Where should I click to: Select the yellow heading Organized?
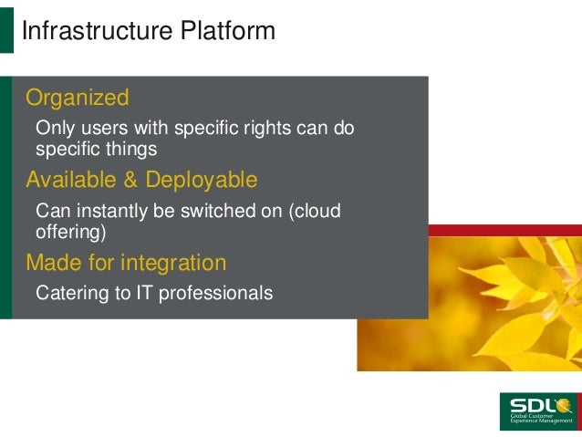click(x=78, y=97)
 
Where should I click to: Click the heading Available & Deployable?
click(x=141, y=179)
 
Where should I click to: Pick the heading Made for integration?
click(x=126, y=263)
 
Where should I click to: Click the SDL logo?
click(x=537, y=411)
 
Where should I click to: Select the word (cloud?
click(x=314, y=211)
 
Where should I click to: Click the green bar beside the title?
click(x=7, y=32)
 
